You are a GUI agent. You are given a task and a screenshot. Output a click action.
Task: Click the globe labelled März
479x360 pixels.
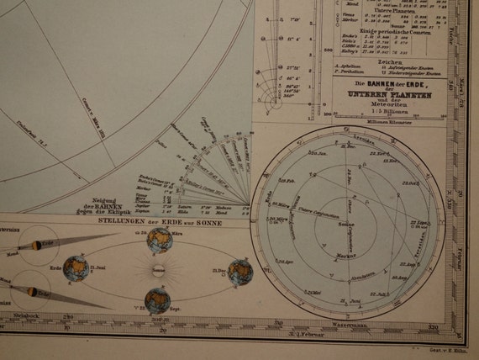159,241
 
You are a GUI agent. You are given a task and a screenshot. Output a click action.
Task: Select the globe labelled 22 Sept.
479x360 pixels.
158,300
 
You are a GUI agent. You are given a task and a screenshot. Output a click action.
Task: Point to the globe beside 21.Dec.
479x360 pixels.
241,273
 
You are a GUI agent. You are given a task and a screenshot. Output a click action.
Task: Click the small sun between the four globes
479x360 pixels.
158,271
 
